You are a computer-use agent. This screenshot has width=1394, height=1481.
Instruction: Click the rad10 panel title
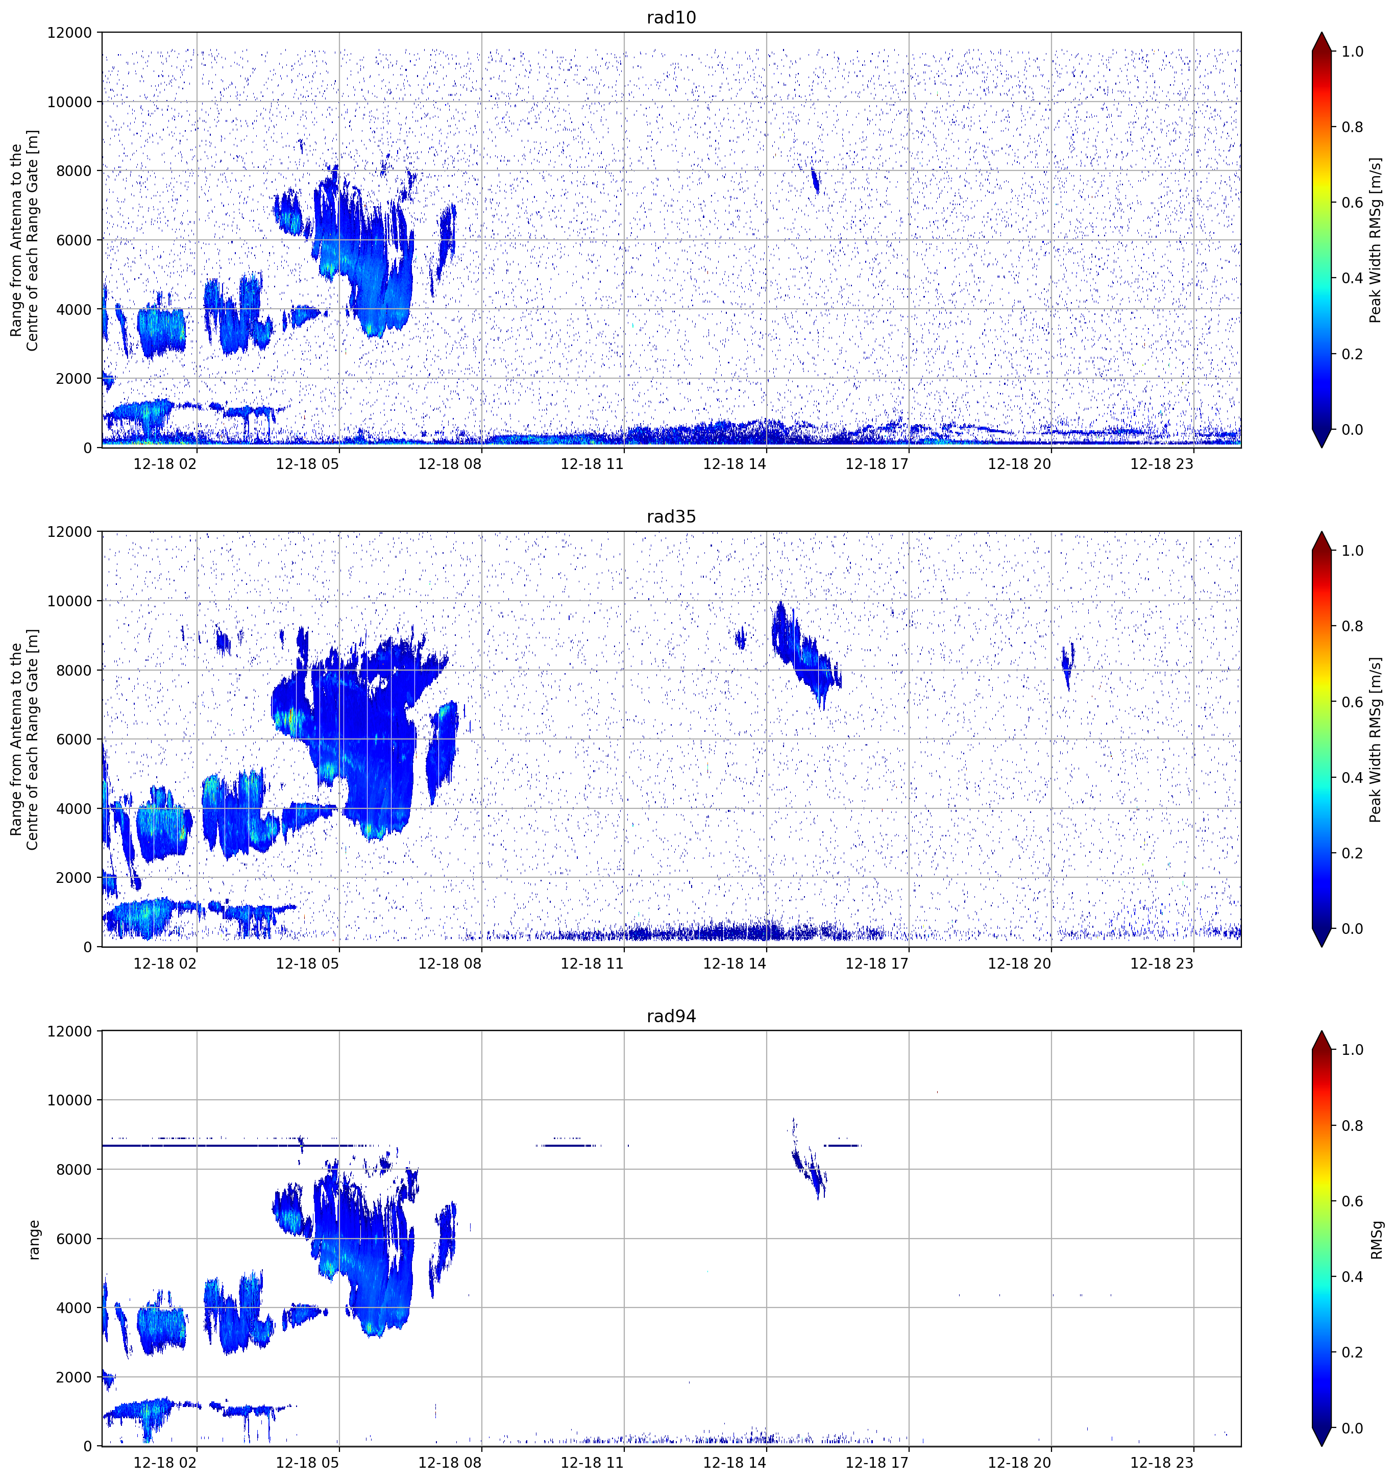(671, 17)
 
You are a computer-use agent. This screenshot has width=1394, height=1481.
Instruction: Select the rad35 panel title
(671, 517)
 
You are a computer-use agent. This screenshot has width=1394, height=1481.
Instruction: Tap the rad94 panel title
(671, 1016)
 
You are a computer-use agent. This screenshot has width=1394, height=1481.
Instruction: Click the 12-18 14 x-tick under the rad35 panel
(735, 963)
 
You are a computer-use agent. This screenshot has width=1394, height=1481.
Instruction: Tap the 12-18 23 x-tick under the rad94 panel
(1162, 1463)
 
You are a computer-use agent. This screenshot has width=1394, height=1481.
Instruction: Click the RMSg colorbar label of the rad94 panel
(1376, 1240)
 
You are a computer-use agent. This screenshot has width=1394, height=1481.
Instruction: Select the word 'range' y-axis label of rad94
(34, 1240)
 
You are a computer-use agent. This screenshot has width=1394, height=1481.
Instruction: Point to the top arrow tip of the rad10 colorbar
(1322, 33)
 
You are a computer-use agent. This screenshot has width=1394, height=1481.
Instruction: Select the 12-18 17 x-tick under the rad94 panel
(877, 1463)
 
